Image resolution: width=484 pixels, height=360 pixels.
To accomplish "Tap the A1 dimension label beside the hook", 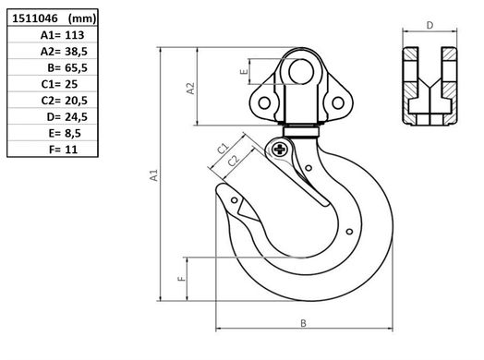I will tap(155, 174).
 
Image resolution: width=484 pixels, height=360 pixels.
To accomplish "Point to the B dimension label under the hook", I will tap(302, 323).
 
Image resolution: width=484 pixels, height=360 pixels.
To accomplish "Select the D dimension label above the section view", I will tap(430, 26).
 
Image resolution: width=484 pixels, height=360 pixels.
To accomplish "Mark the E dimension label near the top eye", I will tap(243, 70).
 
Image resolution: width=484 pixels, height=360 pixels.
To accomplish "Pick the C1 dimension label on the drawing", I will tap(223, 148).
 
